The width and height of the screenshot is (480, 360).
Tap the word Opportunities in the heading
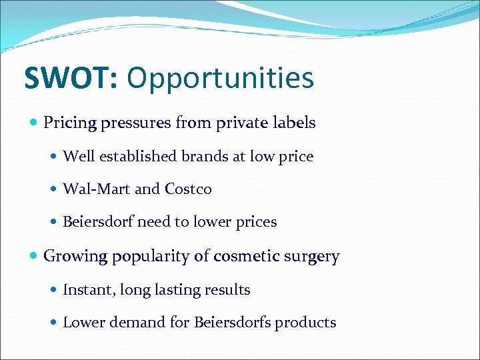pyautogui.click(x=220, y=78)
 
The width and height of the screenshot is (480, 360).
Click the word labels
pyautogui.click(x=294, y=123)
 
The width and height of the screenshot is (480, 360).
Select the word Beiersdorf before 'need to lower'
pyautogui.click(x=98, y=222)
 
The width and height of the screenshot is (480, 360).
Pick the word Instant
pyautogui.click(x=86, y=289)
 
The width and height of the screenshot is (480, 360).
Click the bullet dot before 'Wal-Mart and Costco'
pyautogui.click(x=55, y=189)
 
